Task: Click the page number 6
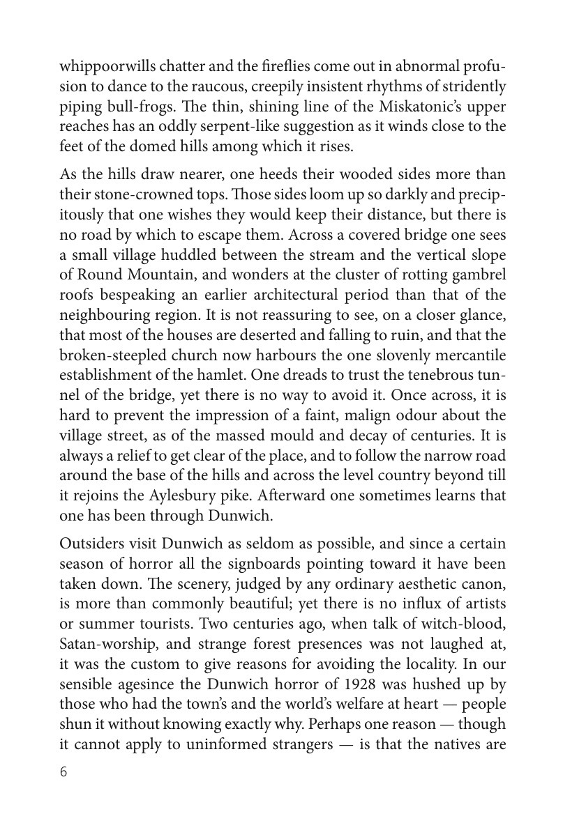[64, 771]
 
